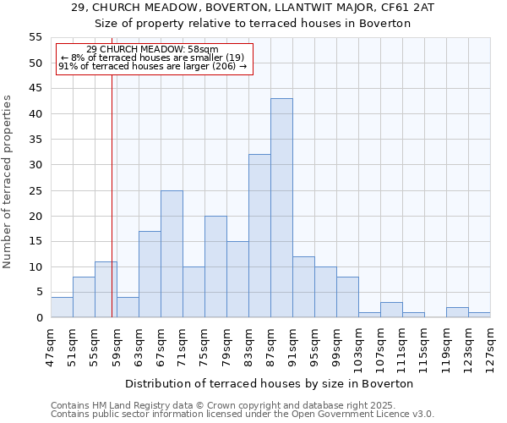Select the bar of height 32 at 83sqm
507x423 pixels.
[259, 236]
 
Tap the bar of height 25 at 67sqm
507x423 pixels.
[172, 254]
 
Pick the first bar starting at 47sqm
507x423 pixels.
[62, 308]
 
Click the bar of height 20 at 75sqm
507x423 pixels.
[215, 266]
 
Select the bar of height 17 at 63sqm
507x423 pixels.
[150, 274]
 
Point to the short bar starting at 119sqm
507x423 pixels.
[457, 313]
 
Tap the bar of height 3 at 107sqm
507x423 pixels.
[391, 310]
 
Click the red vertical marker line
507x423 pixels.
[112, 211]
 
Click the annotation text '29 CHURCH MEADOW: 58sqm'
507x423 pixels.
[152, 50]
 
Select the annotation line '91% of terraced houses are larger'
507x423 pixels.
[152, 66]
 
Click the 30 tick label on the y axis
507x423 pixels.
[35, 165]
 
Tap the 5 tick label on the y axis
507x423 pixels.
[39, 293]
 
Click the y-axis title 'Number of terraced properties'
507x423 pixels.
[8, 182]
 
